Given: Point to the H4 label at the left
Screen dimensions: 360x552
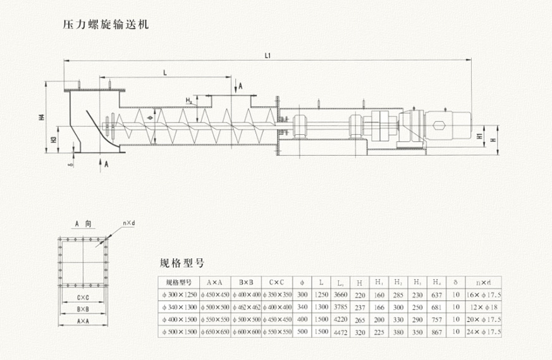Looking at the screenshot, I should tap(42, 117).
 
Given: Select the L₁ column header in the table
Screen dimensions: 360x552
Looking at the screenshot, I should tap(341, 283).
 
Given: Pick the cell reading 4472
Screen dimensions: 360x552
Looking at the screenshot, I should tap(340, 331).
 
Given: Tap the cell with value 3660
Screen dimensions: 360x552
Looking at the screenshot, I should tap(340, 295).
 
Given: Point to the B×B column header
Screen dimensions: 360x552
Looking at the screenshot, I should tap(247, 283).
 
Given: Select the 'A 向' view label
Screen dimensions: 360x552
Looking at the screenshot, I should tap(83, 224).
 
